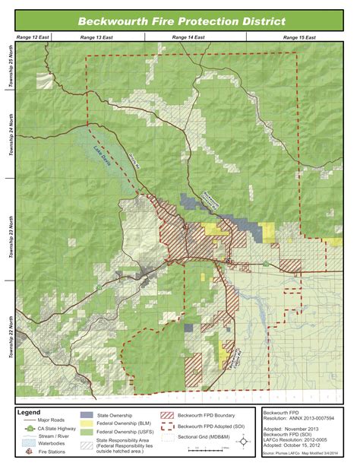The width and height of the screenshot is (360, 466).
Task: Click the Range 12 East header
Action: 28,36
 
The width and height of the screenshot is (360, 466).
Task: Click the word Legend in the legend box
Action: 31,412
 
